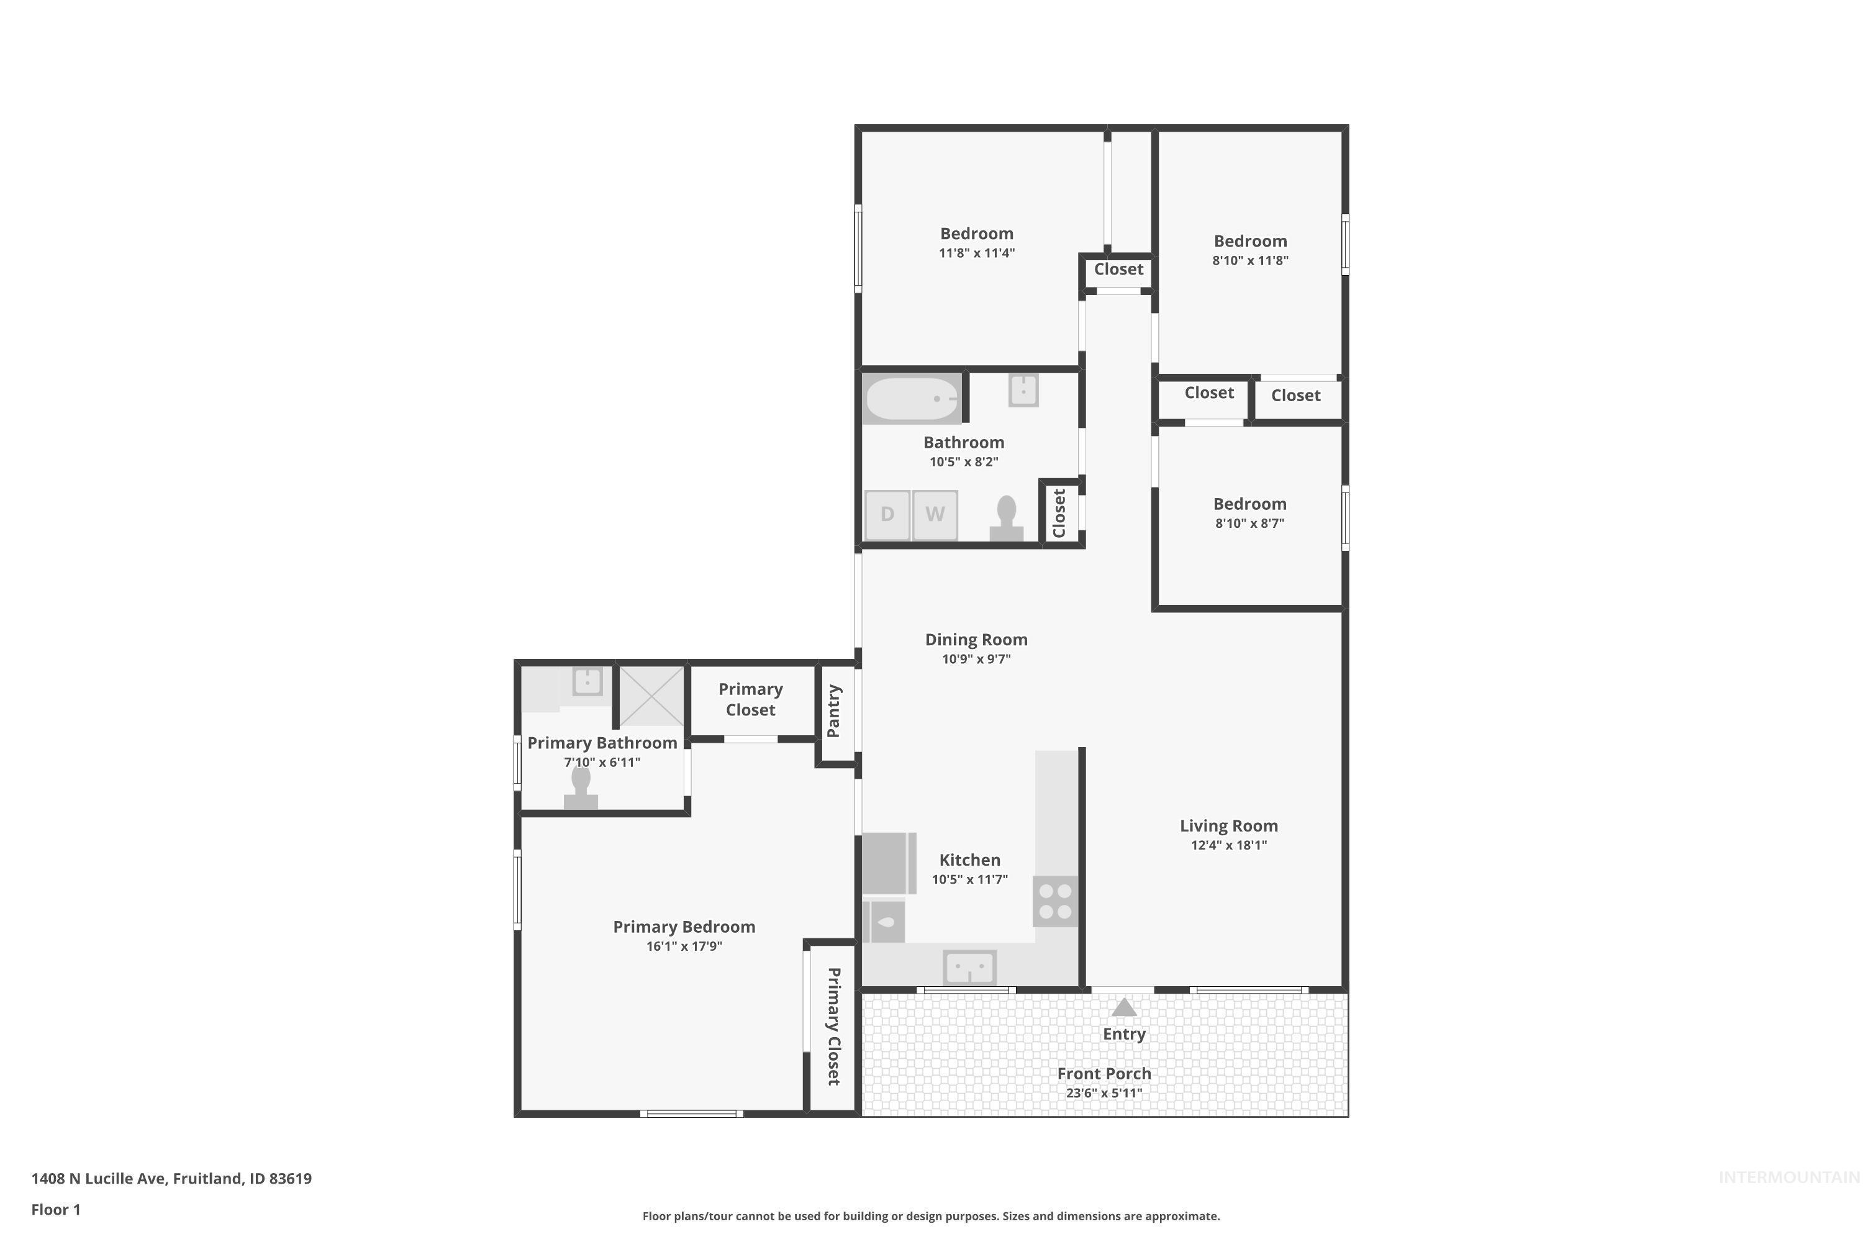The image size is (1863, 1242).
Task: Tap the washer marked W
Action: click(935, 515)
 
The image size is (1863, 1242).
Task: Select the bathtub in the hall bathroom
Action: click(912, 399)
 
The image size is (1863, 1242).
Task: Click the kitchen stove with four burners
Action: click(1055, 902)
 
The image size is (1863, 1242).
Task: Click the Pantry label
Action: click(834, 711)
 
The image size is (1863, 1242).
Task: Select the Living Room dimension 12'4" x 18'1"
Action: click(1228, 845)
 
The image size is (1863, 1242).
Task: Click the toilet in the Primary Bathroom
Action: click(581, 789)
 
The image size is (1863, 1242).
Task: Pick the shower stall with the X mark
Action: click(651, 696)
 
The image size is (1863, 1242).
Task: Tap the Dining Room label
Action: click(976, 639)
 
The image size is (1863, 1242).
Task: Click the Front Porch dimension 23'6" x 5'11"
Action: click(1104, 1093)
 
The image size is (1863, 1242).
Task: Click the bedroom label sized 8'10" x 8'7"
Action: click(1249, 504)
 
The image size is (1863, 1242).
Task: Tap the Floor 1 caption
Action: click(55, 1210)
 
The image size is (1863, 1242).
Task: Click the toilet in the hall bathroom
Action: click(1006, 519)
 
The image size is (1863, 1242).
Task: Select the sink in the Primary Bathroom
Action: click(587, 681)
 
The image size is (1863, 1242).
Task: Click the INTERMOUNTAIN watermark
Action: click(1788, 1178)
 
